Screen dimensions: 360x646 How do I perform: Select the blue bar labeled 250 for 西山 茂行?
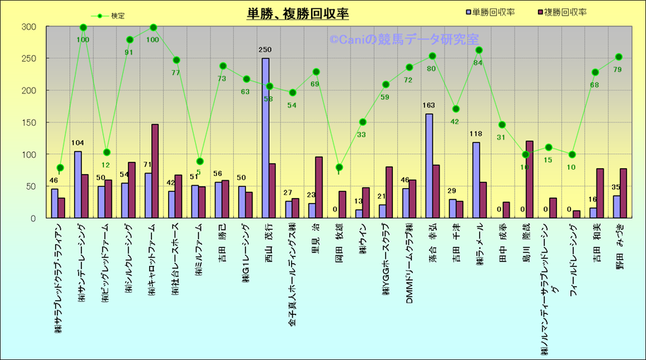point(265,138)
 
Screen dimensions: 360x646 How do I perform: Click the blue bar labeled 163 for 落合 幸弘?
point(429,166)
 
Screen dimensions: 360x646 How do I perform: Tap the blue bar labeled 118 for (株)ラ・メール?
point(476,180)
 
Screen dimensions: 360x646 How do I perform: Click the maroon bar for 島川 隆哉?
point(529,180)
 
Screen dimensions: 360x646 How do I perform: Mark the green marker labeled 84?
point(478,50)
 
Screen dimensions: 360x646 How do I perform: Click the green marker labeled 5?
point(199,161)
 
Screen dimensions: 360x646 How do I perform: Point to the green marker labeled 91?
point(129,40)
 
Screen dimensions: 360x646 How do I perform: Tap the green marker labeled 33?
point(362,122)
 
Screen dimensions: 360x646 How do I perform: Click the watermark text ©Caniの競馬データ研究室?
point(403,40)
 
